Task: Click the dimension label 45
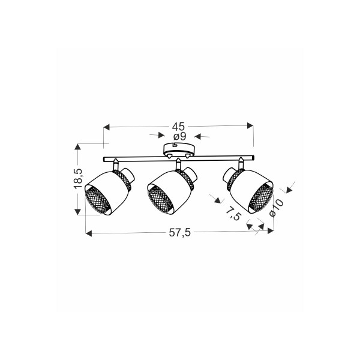(178, 126)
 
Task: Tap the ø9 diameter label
(180, 137)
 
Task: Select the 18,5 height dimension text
(78, 179)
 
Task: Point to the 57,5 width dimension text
(180, 233)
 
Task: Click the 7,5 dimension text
(233, 213)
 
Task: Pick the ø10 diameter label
(277, 208)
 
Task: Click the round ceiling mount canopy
(179, 149)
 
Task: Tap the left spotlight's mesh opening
(98, 200)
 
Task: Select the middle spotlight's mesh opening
(160, 199)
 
